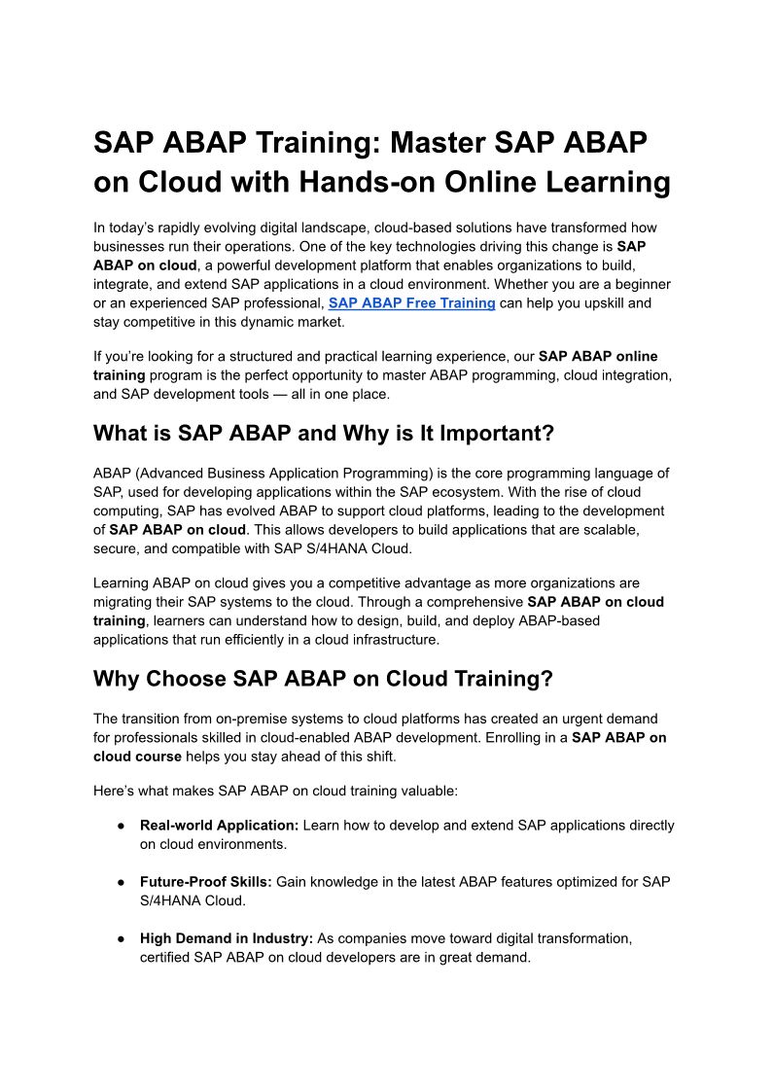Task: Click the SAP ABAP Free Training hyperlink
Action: tap(411, 302)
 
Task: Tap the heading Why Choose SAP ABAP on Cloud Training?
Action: tap(323, 679)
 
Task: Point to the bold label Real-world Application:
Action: tap(220, 825)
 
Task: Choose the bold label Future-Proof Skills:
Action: tap(206, 882)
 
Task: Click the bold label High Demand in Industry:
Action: tap(227, 938)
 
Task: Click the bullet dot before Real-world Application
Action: tap(121, 825)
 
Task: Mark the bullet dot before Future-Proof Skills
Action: tap(121, 882)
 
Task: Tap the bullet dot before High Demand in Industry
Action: tap(121, 938)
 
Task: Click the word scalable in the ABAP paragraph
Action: tap(602, 529)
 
